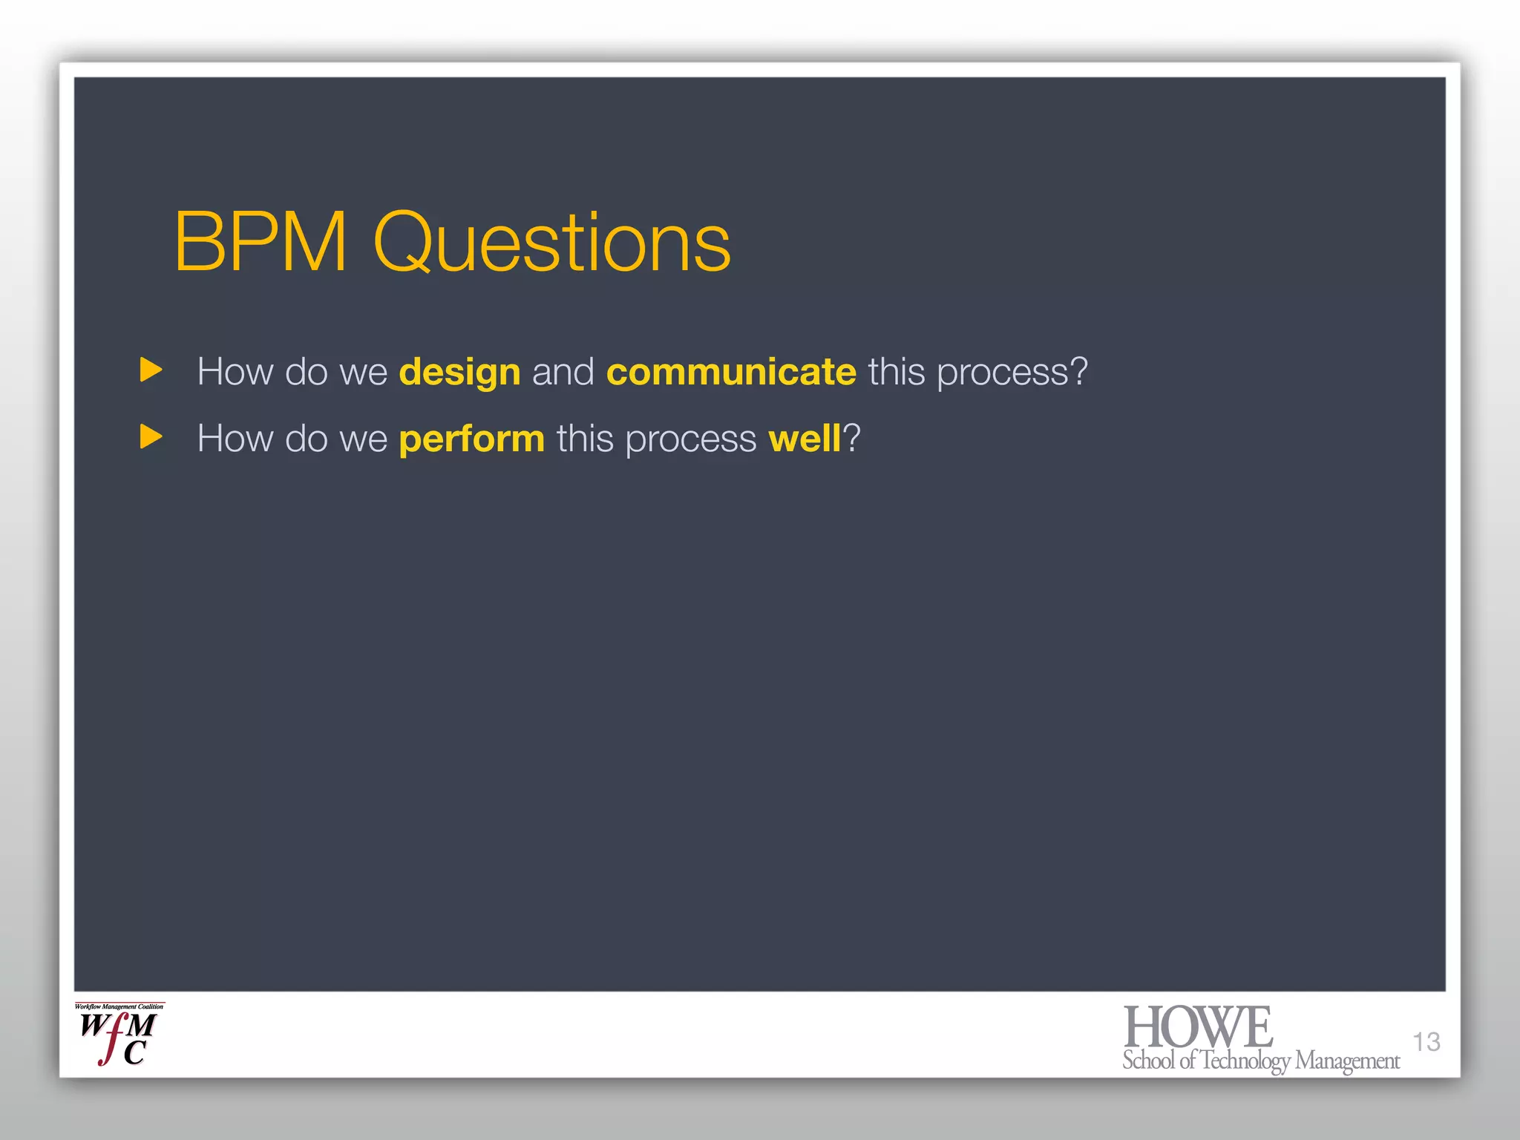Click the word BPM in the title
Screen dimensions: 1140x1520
260,242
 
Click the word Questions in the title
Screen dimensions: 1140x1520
551,243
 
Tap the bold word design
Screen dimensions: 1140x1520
459,372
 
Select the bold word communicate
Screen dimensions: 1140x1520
731,372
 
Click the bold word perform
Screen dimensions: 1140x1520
471,439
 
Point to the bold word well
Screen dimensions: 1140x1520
804,438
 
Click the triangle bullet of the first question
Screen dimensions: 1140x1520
151,370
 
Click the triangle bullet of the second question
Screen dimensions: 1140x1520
151,436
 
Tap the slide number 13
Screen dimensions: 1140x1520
1426,1041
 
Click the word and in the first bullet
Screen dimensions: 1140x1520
563,372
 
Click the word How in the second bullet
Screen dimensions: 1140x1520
235,438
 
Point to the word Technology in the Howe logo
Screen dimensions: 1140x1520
1245,1061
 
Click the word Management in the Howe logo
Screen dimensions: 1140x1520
1347,1061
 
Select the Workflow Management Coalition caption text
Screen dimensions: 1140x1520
119,1007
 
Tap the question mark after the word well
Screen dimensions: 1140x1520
851,438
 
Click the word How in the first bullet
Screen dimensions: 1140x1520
235,371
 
